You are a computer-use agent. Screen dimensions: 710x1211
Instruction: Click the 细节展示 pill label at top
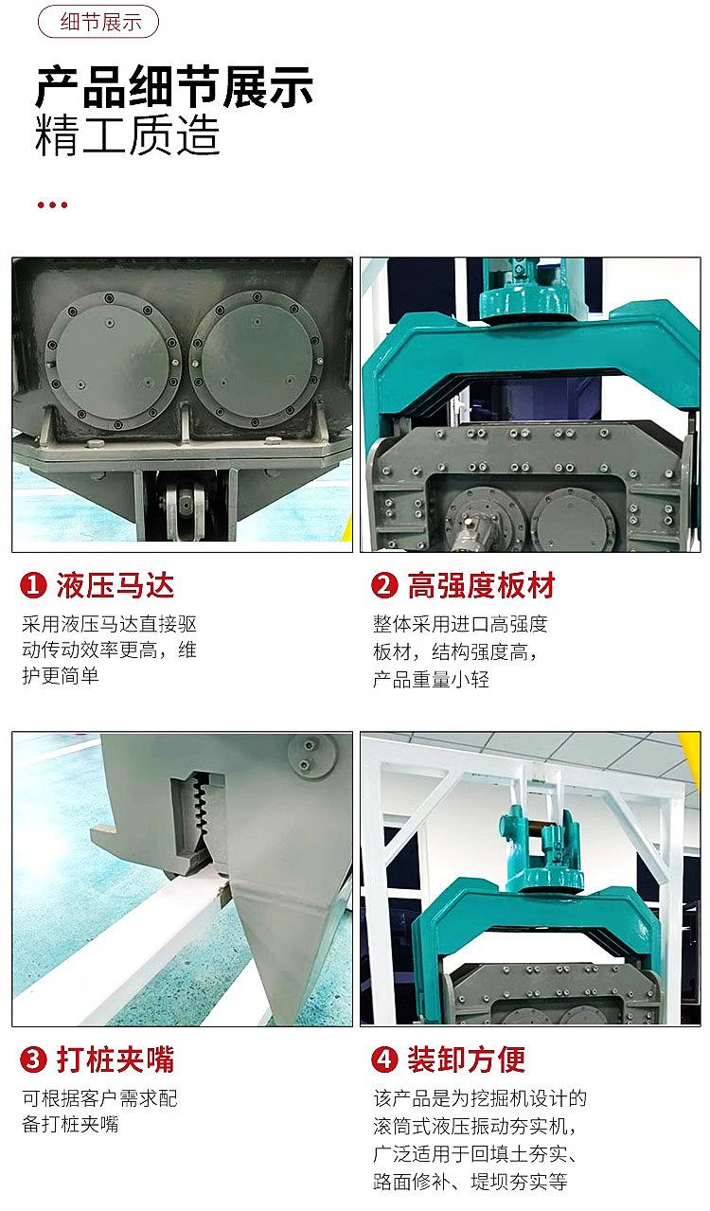pyautogui.click(x=98, y=22)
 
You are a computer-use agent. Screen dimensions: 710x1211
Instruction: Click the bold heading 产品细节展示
pyautogui.click(x=174, y=86)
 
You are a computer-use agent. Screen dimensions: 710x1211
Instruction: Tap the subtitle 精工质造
pyautogui.click(x=128, y=135)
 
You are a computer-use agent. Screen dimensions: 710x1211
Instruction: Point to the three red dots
pyautogui.click(x=52, y=205)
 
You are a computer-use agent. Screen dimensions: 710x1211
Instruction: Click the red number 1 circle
pyautogui.click(x=33, y=585)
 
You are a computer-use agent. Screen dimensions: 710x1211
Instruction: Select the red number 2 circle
pyautogui.click(x=384, y=585)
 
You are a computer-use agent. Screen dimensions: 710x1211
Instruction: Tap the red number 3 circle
pyautogui.click(x=33, y=1060)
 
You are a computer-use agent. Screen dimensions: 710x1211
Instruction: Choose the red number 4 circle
pyautogui.click(x=384, y=1060)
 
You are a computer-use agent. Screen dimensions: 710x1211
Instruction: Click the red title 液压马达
pyautogui.click(x=115, y=586)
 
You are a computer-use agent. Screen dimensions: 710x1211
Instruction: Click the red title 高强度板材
pyautogui.click(x=482, y=586)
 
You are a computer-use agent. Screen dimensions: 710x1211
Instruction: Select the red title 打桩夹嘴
pyautogui.click(x=115, y=1060)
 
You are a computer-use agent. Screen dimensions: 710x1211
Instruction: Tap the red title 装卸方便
pyautogui.click(x=467, y=1060)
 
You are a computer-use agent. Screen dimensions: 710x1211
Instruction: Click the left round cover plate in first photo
pyautogui.click(x=112, y=361)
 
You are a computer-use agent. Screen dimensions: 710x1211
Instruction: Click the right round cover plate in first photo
pyautogui.click(x=257, y=360)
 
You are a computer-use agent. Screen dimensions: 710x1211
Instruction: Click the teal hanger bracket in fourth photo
pyautogui.click(x=541, y=851)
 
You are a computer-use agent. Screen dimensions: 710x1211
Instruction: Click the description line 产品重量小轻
pyautogui.click(x=431, y=680)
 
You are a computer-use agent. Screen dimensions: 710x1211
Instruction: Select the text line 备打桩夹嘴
pyautogui.click(x=70, y=1125)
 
